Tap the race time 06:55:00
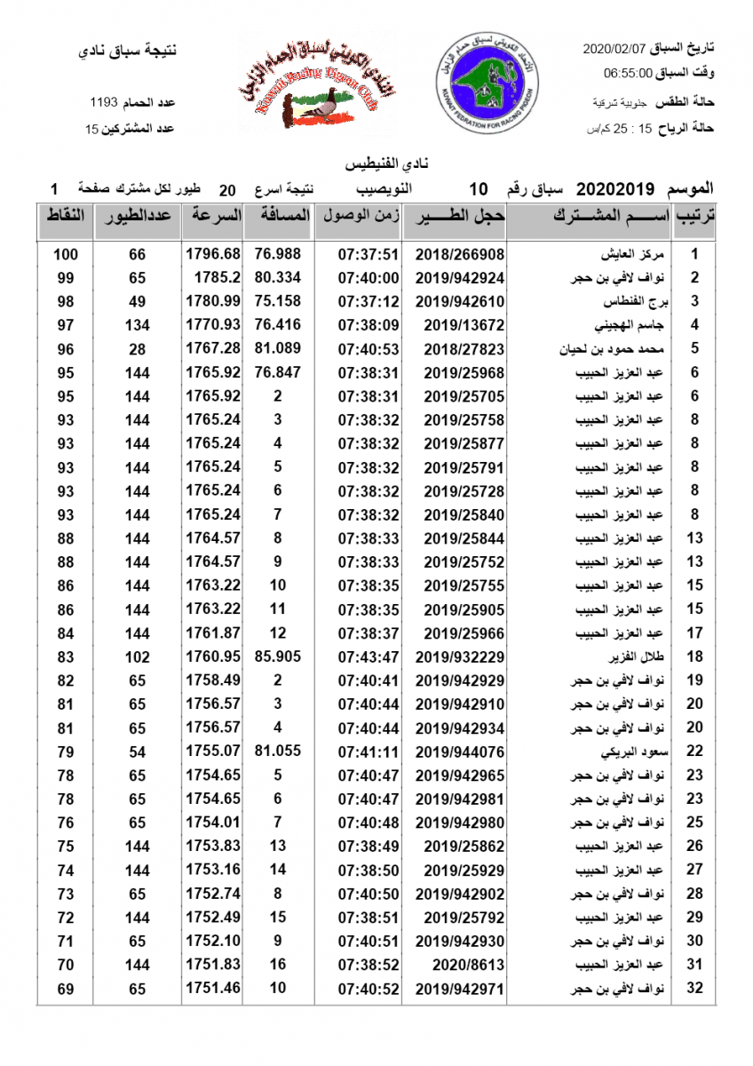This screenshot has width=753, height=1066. pos(628,74)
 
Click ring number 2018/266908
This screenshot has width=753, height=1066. pos(459,254)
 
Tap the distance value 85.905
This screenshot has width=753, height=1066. pos(278,656)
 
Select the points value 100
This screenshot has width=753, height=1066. pos(66,254)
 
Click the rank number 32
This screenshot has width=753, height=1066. pos(695,988)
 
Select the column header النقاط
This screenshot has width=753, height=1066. pos(65,216)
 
